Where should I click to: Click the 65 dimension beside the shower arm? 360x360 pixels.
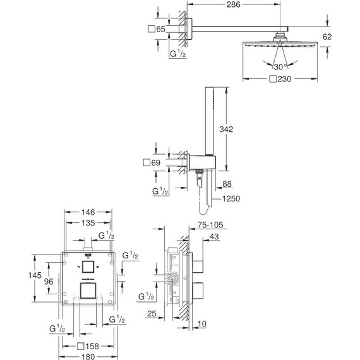[x=161, y=30]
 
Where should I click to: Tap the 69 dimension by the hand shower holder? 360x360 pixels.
[x=161, y=163]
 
